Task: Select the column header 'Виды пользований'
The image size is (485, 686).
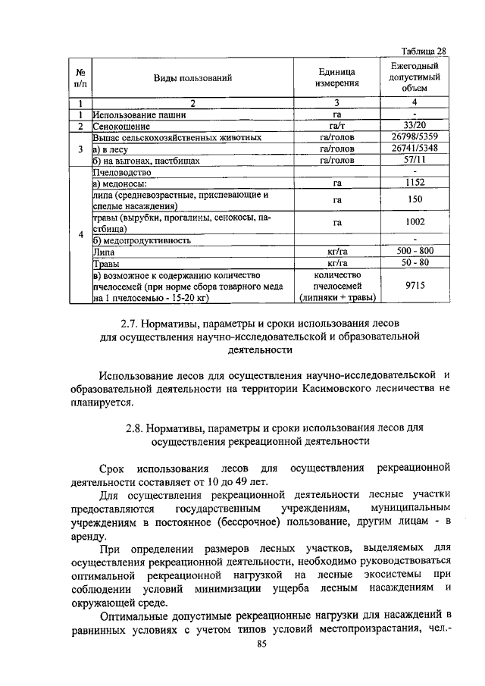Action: point(192,78)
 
